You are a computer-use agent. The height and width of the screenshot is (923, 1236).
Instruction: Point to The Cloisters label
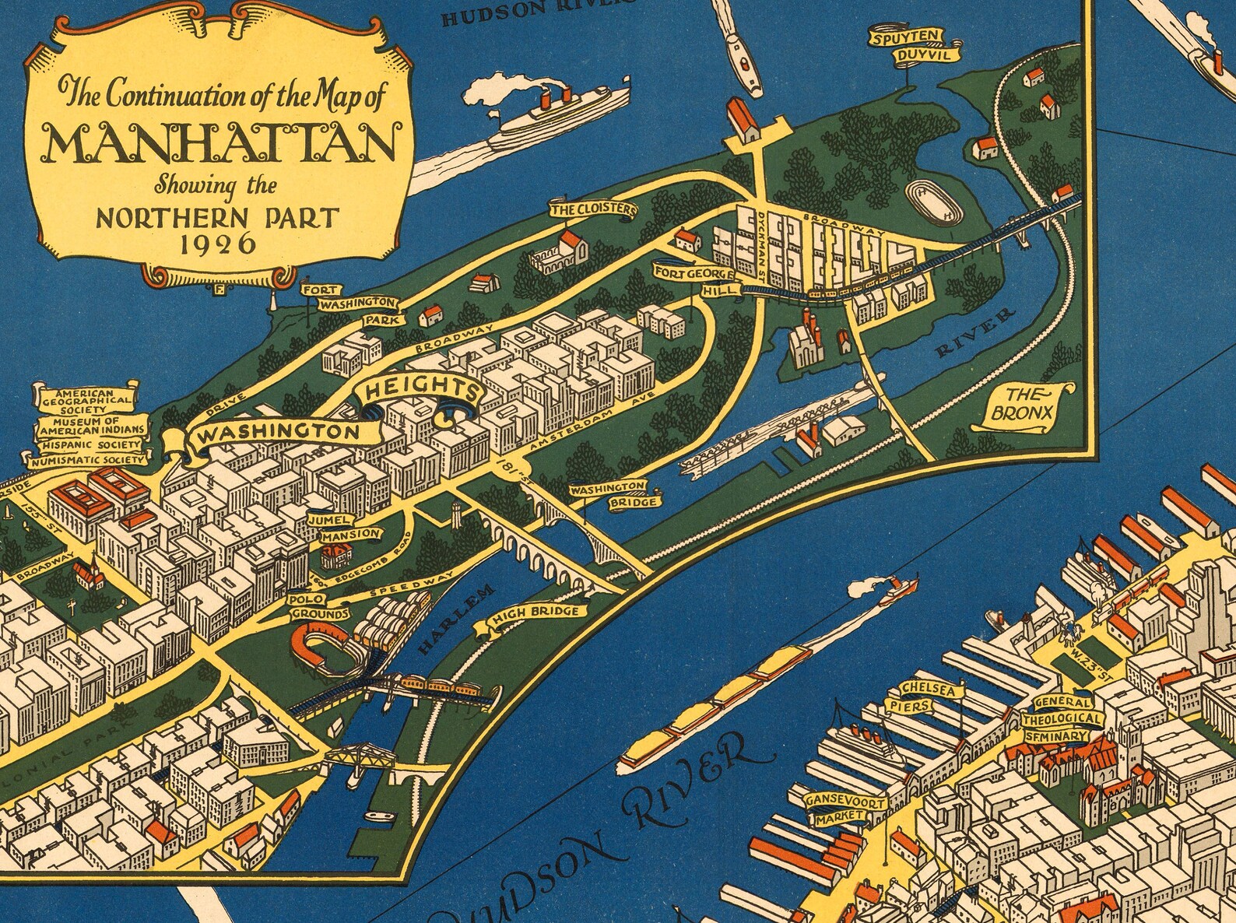594,210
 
